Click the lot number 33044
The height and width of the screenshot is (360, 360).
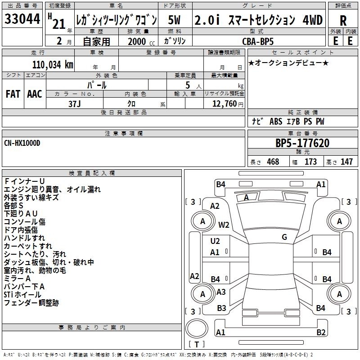click(22, 19)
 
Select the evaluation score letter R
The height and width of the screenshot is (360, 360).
click(343, 21)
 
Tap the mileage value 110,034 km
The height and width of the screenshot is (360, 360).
click(53, 65)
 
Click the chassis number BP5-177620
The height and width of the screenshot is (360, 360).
click(302, 143)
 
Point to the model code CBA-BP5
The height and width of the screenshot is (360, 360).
click(258, 41)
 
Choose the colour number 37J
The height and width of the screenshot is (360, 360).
click(75, 104)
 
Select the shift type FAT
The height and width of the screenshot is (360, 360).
click(13, 94)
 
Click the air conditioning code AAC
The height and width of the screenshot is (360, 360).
click(35, 94)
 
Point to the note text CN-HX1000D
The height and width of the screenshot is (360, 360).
click(22, 143)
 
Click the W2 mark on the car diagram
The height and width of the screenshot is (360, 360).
click(224, 225)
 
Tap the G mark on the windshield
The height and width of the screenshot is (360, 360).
click(284, 237)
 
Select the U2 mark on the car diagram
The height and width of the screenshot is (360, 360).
click(215, 241)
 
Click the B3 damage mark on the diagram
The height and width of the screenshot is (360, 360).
click(221, 308)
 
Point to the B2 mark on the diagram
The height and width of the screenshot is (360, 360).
click(321, 332)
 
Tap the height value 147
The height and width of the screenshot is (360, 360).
click(346, 162)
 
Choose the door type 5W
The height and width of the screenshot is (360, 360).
click(174, 20)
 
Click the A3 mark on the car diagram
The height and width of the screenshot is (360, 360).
click(221, 292)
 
